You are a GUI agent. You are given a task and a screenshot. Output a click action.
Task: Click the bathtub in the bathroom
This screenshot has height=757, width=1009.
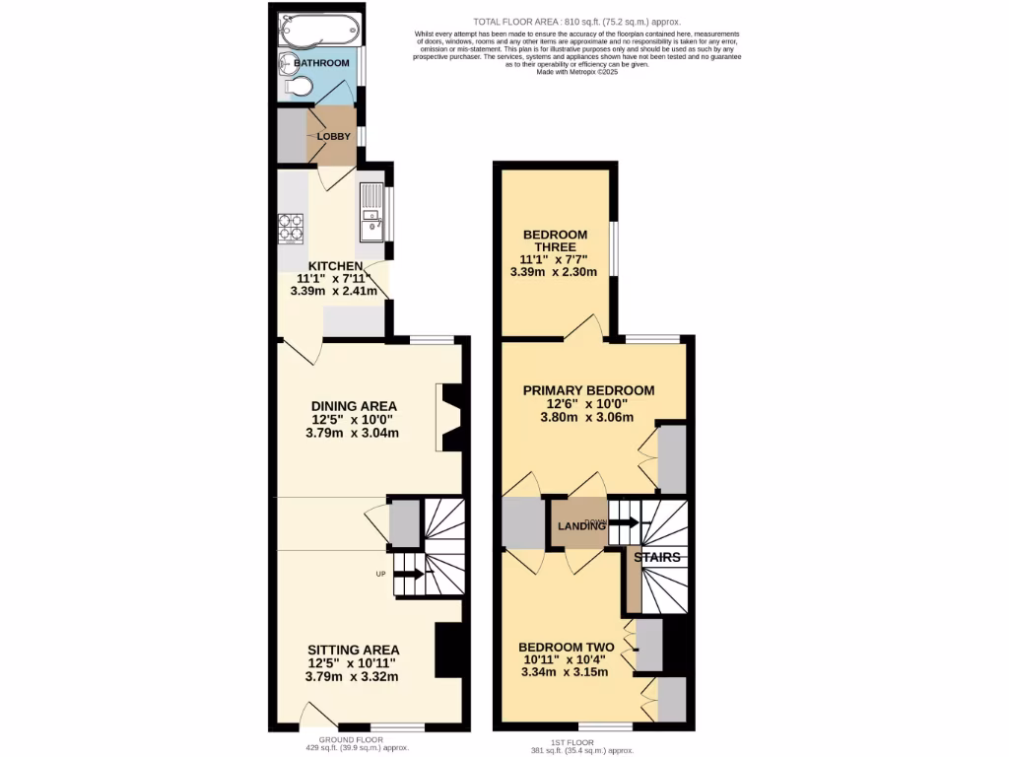tap(316, 31)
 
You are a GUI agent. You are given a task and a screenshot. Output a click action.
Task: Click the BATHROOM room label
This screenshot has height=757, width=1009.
tap(322, 63)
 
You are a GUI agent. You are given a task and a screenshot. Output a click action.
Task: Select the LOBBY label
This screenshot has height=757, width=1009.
tap(333, 137)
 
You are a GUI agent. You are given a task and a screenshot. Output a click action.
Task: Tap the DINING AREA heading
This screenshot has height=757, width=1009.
tap(354, 406)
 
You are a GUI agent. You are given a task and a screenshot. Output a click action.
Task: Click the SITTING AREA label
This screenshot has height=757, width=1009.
tap(353, 650)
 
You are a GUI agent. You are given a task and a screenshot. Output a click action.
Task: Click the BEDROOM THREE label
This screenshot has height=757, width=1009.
tap(555, 241)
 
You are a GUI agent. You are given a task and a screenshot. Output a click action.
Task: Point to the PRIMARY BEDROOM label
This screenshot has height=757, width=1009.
tap(588, 390)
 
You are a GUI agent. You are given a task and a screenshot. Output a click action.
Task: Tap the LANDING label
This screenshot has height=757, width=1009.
tap(581, 526)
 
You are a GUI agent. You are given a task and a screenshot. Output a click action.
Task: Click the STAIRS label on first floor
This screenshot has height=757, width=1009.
tap(656, 557)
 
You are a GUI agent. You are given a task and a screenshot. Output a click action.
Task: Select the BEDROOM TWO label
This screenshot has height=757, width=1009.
tap(566, 647)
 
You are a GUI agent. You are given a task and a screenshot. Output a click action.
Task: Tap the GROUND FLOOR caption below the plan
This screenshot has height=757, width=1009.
tap(350, 739)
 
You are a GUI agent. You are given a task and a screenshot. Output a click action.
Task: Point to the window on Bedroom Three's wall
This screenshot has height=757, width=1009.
tap(613, 250)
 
